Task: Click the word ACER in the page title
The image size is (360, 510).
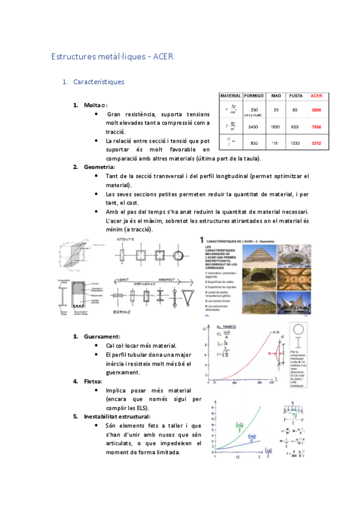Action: (163, 57)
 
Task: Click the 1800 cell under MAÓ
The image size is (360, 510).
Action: (276, 127)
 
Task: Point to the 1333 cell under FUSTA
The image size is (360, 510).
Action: (296, 143)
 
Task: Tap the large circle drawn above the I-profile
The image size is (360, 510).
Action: (298, 333)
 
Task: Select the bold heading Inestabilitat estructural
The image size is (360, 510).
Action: (117, 416)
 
